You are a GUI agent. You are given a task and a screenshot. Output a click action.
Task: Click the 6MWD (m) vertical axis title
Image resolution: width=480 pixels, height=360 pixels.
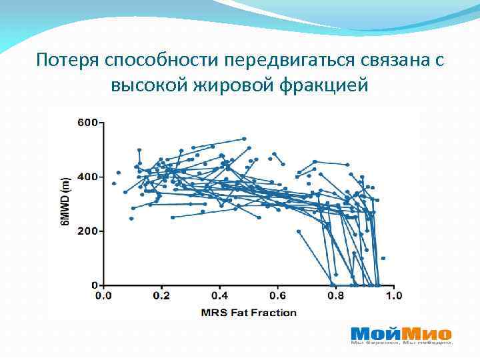[x=65, y=202]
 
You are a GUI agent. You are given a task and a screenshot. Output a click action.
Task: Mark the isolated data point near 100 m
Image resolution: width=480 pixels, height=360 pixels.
[x=383, y=258]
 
